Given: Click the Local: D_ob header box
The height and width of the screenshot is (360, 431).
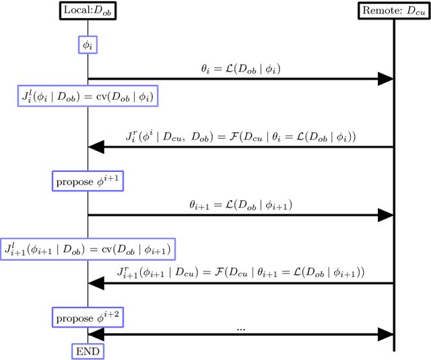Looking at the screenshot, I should pyautogui.click(x=88, y=11).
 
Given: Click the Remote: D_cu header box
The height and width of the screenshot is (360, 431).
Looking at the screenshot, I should pyautogui.click(x=393, y=11).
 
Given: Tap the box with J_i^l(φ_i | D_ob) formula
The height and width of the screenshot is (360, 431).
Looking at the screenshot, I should pyautogui.click(x=88, y=96).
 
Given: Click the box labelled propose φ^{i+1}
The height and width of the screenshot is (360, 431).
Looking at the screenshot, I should pyautogui.click(x=88, y=181).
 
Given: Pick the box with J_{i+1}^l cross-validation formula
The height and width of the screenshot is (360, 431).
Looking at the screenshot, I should pyautogui.click(x=88, y=248).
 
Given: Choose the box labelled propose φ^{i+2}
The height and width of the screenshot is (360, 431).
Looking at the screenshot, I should pyautogui.click(x=88, y=317).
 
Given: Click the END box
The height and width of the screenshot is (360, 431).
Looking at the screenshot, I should pyautogui.click(x=88, y=351).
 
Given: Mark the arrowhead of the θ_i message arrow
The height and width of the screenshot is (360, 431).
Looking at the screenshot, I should pyautogui.click(x=385, y=79).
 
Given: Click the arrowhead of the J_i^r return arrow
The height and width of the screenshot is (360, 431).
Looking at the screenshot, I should pyautogui.click(x=96, y=146).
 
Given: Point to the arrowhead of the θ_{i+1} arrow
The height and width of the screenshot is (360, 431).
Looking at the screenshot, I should pyautogui.click(x=385, y=214).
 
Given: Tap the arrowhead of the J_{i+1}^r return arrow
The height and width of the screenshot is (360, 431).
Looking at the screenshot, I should pyautogui.click(x=96, y=283).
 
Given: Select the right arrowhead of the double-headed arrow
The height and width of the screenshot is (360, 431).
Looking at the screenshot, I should pyautogui.click(x=385, y=334).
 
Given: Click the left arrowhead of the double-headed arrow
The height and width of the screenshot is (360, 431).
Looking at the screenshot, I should pyautogui.click(x=96, y=334).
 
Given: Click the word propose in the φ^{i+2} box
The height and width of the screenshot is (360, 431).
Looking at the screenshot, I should pyautogui.click(x=75, y=318).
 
